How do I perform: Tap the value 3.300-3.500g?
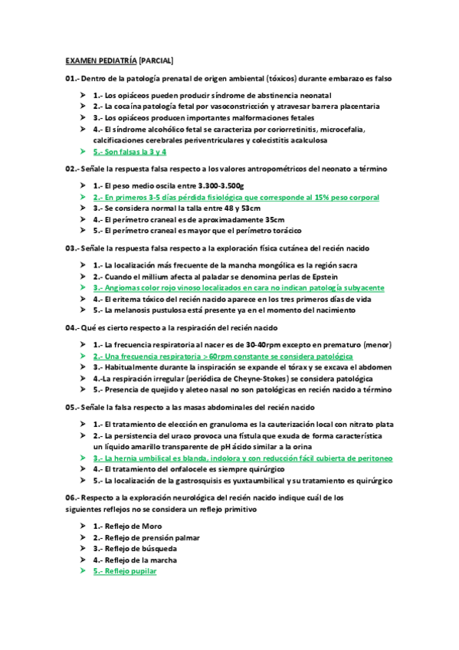coord(216,185)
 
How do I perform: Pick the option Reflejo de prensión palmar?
coord(146,537)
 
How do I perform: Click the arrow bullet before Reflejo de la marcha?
coord(83,560)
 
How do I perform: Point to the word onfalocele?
coord(198,468)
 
